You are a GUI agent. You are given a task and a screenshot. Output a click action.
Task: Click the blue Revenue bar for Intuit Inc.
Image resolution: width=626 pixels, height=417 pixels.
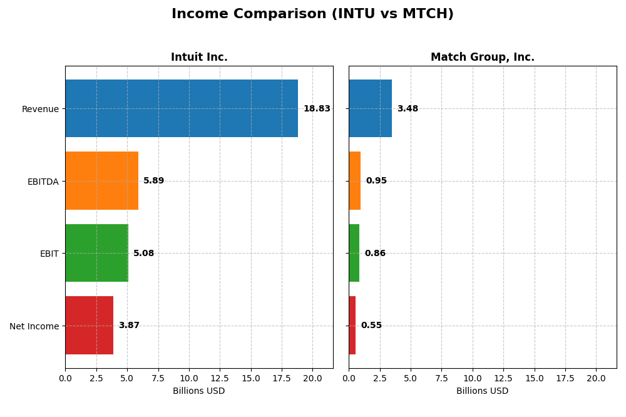182,108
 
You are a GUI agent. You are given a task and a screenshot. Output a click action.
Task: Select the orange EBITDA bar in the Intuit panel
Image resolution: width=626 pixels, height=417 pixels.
101,180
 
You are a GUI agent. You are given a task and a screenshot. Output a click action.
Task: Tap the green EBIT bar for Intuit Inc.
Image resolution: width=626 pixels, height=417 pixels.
96,253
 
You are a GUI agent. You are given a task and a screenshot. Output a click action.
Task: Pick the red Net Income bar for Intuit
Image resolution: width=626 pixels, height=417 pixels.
89,325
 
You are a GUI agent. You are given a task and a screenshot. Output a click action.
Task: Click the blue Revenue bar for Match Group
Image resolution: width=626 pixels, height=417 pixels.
370,108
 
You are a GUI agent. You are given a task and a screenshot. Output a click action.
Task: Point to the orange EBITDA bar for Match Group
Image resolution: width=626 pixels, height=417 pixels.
355,180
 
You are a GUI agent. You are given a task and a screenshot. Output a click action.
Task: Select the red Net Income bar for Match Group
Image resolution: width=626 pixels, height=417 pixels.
352,325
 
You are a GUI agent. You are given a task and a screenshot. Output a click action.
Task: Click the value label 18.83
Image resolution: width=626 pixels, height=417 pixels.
317,109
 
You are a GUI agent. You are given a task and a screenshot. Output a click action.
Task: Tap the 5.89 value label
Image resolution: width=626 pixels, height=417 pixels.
154,181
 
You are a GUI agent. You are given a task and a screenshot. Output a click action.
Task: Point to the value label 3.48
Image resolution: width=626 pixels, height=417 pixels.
408,109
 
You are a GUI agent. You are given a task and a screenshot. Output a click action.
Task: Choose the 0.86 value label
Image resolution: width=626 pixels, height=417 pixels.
375,254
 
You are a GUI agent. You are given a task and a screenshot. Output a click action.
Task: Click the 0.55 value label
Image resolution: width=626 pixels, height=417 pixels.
371,326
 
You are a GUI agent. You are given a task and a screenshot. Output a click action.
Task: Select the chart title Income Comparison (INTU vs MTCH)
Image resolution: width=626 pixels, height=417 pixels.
312,14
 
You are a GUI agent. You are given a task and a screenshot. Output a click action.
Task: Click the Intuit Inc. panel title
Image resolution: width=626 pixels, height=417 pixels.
199,58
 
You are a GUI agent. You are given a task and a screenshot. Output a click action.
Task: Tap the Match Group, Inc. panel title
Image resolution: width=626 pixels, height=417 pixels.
483,58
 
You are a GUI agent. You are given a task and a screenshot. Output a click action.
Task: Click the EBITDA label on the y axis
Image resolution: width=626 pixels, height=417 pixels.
43,182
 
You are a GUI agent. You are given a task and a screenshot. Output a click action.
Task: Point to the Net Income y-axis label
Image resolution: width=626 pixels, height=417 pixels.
34,326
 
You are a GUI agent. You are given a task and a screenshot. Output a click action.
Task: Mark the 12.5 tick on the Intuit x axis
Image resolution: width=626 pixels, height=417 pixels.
220,378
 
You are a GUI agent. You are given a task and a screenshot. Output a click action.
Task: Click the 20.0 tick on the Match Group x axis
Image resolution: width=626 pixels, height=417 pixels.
596,378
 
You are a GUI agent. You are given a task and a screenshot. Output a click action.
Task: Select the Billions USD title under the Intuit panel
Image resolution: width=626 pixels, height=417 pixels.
199,391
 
